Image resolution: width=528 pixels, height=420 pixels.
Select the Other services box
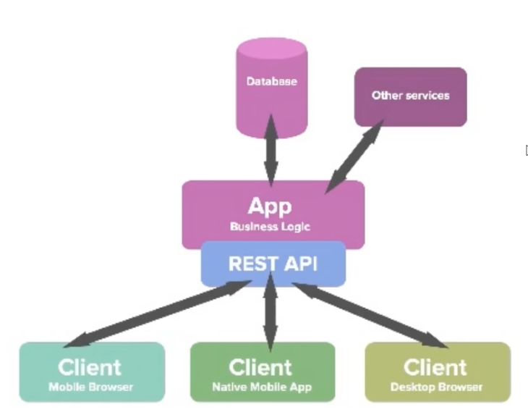click(x=410, y=96)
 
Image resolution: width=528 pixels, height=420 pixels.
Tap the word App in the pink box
click(x=270, y=206)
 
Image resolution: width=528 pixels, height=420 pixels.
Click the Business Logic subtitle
click(x=270, y=227)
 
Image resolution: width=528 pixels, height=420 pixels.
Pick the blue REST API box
click(x=273, y=264)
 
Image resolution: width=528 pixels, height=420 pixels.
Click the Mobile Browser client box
click(x=91, y=372)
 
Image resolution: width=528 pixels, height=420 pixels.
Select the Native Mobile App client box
click(x=262, y=372)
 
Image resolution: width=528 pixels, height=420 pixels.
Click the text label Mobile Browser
click(x=91, y=387)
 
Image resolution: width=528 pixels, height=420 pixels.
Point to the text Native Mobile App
click(x=262, y=387)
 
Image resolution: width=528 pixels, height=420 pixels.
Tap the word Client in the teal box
click(x=90, y=366)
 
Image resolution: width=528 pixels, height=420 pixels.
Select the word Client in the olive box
click(x=435, y=366)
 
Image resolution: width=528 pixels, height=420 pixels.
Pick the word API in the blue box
click(x=301, y=264)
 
